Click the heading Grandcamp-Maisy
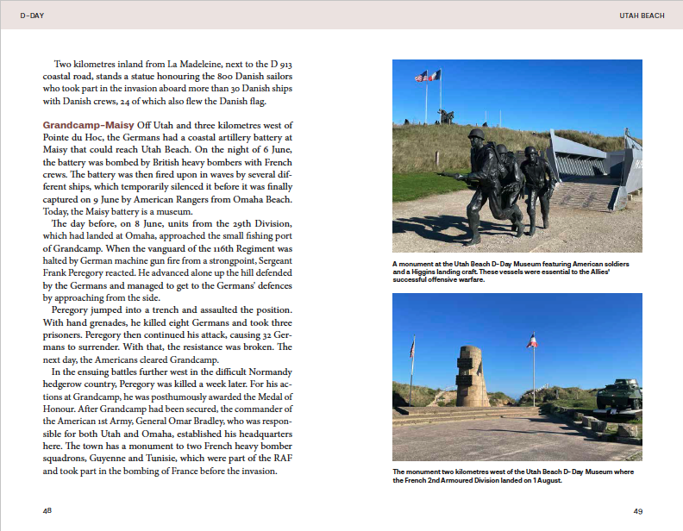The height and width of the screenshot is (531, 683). click(x=87, y=125)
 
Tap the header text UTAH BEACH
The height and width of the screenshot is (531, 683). click(x=642, y=16)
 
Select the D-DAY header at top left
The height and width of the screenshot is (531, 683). click(x=32, y=16)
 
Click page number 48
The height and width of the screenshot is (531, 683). click(x=47, y=511)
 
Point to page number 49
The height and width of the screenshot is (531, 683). click(x=638, y=511)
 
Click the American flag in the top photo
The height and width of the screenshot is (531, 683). click(x=422, y=77)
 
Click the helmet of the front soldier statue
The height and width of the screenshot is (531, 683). click(x=476, y=135)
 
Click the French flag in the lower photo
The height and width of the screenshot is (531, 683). click(x=533, y=340)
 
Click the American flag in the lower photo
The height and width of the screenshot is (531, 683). click(x=412, y=348)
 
